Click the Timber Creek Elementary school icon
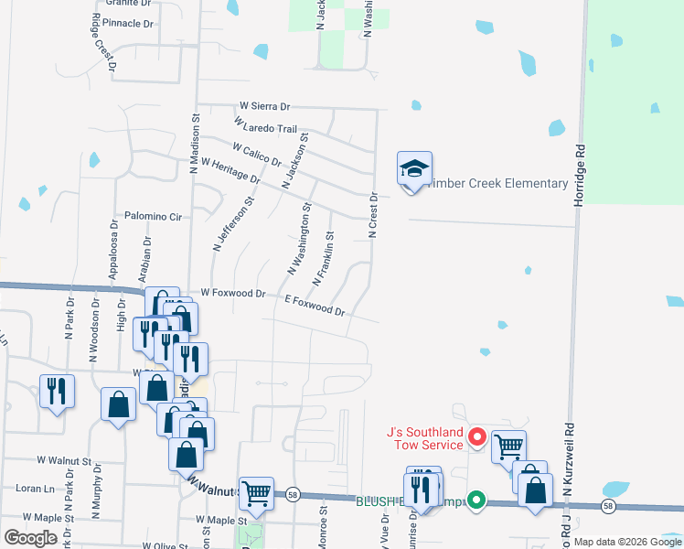[414, 169]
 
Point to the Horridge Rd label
[579, 174]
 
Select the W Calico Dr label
[257, 154]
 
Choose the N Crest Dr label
[373, 216]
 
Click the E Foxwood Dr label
[315, 306]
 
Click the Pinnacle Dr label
[128, 22]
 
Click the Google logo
[31, 537]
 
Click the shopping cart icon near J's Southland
[508, 446]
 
